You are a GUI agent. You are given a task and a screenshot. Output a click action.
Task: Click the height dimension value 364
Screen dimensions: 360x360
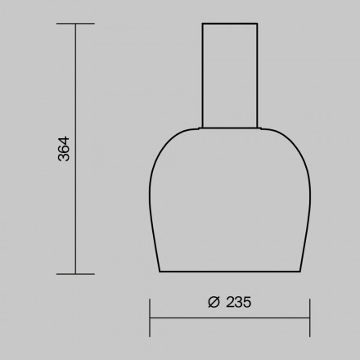point(65,148)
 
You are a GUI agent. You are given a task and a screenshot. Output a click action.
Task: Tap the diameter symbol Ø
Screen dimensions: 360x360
point(213,301)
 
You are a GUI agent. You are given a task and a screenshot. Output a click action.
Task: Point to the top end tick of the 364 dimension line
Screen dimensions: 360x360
point(75,24)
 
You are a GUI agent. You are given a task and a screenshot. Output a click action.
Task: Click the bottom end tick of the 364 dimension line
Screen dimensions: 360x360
point(75,273)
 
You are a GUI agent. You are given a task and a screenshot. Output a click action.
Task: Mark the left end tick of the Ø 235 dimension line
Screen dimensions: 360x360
point(149,317)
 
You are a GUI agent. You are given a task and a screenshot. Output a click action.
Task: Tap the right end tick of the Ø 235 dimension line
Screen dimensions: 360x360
point(309,317)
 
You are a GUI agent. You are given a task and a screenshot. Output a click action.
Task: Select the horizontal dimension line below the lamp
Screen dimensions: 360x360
point(229,317)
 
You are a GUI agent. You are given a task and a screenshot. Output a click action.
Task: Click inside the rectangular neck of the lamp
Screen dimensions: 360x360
point(230,74)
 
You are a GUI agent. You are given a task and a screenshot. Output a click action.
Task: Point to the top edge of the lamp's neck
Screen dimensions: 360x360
point(230,24)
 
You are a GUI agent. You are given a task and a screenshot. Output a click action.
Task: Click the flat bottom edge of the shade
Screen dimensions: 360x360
point(229,272)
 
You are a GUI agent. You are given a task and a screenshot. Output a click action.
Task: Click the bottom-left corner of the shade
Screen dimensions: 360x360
point(159,271)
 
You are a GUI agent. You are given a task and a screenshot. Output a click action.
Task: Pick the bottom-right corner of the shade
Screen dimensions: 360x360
point(299,271)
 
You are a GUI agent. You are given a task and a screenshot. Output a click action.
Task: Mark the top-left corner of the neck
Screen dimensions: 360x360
point(201,24)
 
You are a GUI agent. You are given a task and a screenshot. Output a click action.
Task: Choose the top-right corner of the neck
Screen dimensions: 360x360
point(259,24)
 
